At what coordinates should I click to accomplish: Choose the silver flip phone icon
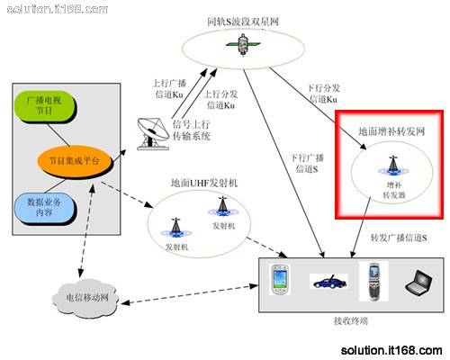click(372, 280)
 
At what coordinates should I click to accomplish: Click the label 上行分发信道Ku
click(220, 100)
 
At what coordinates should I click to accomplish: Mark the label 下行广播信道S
click(304, 163)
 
